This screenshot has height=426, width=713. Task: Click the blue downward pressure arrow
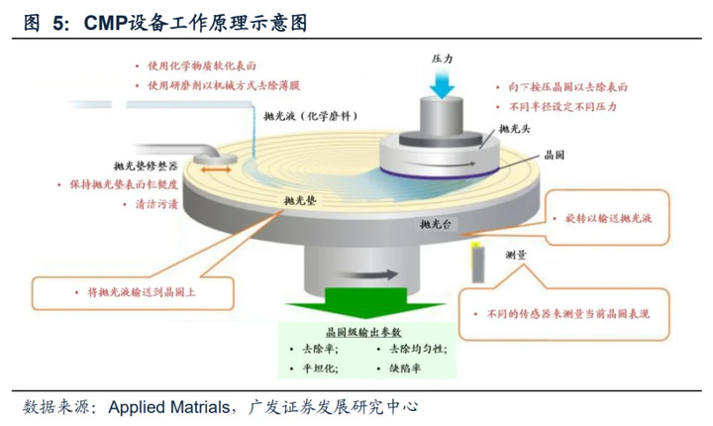[x=443, y=85]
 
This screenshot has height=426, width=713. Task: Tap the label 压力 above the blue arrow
[x=442, y=58]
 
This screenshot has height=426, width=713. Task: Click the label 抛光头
[x=515, y=129]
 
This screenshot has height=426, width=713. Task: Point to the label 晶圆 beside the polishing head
[x=556, y=157]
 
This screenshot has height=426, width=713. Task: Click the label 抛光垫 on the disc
[x=297, y=201]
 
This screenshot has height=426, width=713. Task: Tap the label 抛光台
[x=436, y=226]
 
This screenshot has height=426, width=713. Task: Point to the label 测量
[x=514, y=254]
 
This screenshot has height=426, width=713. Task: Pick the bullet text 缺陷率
[x=408, y=369]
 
